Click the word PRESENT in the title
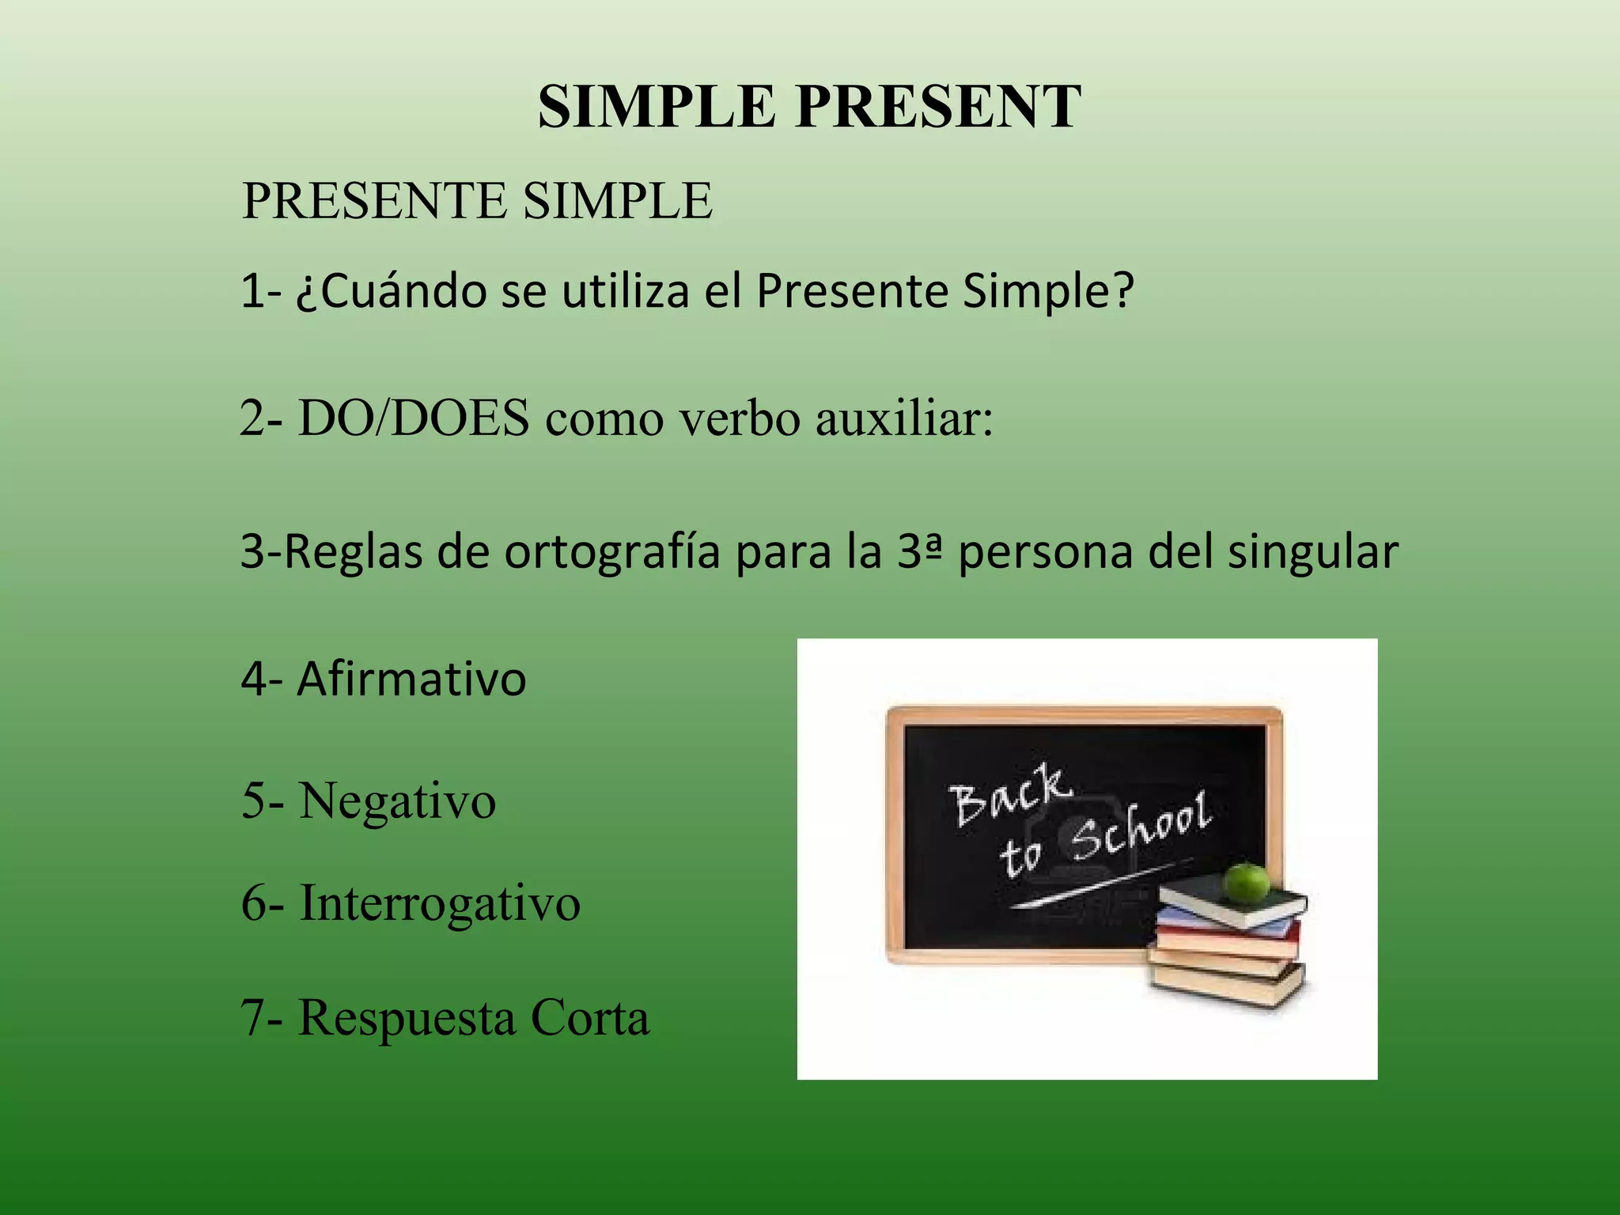coord(938,107)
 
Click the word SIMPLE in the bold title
coord(656,107)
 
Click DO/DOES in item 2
coord(414,418)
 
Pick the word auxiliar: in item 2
coord(904,418)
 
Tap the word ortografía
coord(612,552)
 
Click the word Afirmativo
coord(411,679)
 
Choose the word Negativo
coord(397,801)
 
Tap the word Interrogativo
coord(440,903)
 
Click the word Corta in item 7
coord(590,1017)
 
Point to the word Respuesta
coord(406,1019)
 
